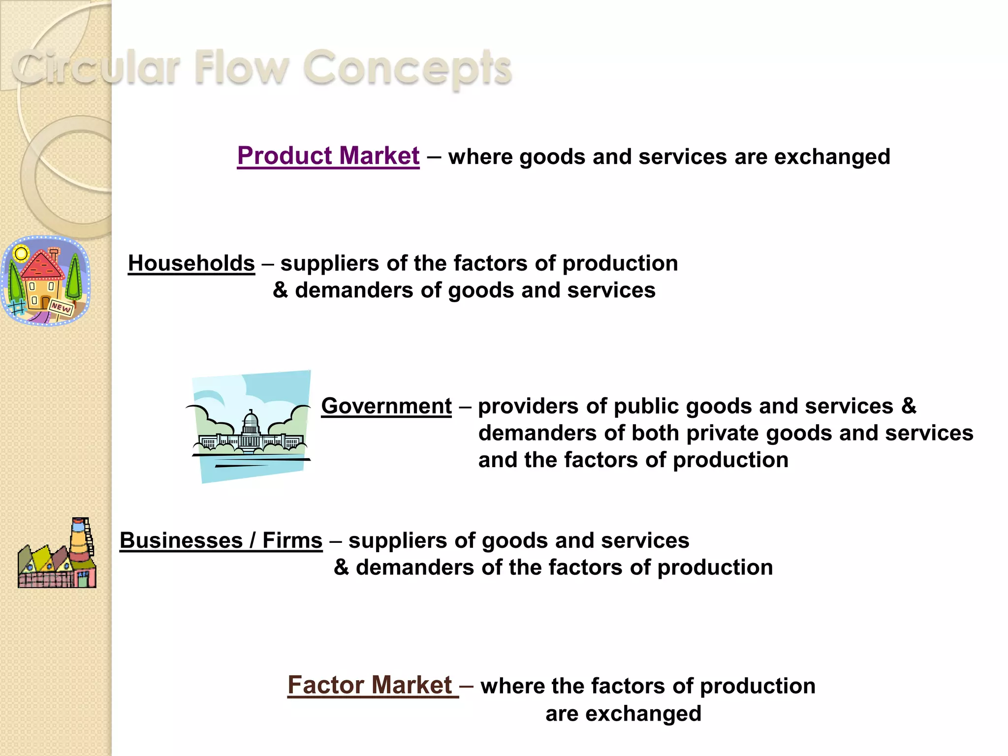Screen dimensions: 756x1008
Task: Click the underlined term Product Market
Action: pos(328,156)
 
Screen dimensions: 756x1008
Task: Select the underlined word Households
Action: pos(191,263)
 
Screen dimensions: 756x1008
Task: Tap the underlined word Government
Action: pos(386,406)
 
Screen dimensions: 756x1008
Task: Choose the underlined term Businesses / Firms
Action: pos(221,540)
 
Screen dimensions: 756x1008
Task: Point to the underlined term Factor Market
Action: pos(370,685)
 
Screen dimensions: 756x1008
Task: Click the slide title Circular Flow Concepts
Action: pos(262,67)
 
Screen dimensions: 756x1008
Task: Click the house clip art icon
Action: pos(45,281)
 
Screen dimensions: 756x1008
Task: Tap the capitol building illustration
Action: pos(251,426)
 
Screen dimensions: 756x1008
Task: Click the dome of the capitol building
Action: pos(251,421)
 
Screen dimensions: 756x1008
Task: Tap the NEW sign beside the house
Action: pos(62,307)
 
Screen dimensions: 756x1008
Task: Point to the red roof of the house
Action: pos(42,264)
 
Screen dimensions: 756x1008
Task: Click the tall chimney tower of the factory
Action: pos(80,541)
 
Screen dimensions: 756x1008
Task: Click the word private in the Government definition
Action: pos(723,433)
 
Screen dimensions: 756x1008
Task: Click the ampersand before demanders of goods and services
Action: pos(280,290)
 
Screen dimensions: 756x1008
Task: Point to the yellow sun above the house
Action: pos(21,254)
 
